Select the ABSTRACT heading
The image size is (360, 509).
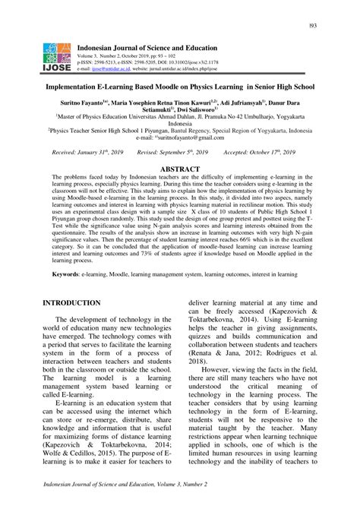pyautogui.click(x=180, y=169)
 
